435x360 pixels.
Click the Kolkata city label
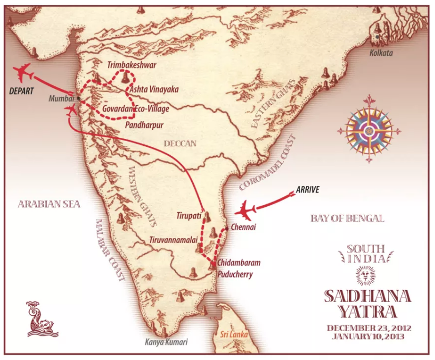pyautogui.click(x=381, y=54)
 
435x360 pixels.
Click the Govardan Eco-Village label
pyautogui.click(x=135, y=109)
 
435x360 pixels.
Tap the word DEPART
pyautogui.click(x=22, y=91)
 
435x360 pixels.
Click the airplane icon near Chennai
pyautogui.click(x=246, y=211)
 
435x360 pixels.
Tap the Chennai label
pyautogui.click(x=243, y=227)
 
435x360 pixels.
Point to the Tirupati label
pyautogui.click(x=188, y=216)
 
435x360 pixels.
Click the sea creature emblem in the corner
pyautogui.click(x=39, y=318)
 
